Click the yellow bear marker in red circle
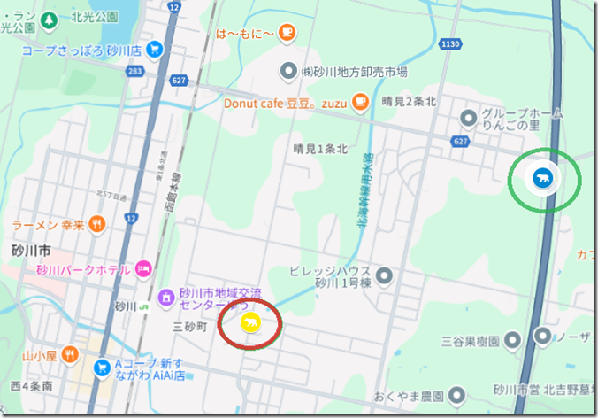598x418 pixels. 250,321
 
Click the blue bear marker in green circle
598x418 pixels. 541,178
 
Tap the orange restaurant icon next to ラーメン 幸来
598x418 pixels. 97,224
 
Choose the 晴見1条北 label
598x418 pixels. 320,149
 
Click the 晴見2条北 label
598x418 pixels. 409,102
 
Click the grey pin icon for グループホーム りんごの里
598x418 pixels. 468,117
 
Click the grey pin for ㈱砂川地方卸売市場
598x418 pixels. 287,70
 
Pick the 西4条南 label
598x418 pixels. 33,387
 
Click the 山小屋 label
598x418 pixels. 39,356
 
